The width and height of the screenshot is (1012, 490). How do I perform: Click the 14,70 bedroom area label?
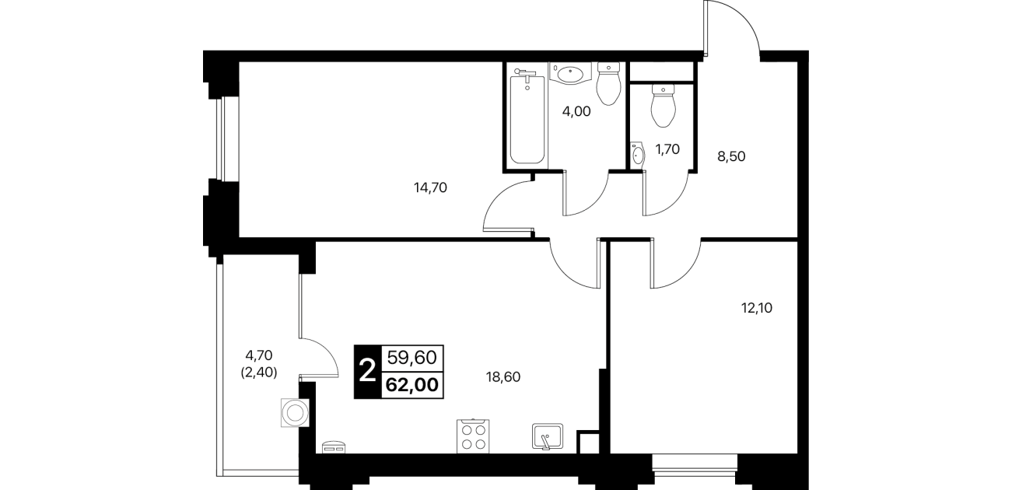[430, 187]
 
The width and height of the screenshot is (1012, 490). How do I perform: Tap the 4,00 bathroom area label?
[576, 111]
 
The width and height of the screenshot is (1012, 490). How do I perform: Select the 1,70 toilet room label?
[667, 149]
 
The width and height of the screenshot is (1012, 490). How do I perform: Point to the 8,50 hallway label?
[731, 156]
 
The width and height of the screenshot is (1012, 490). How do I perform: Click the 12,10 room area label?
[757, 308]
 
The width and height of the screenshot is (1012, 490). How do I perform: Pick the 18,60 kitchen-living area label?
[502, 376]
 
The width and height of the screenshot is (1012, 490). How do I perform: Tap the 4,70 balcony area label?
[259, 355]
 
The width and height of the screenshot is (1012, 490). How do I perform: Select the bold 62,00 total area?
[412, 385]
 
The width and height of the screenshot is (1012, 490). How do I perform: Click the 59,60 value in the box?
[412, 358]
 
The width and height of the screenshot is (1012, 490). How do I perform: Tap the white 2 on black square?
[367, 372]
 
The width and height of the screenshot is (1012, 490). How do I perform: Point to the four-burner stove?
[473, 436]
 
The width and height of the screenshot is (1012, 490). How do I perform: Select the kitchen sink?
[548, 436]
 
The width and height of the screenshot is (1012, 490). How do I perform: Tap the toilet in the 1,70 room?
[663, 105]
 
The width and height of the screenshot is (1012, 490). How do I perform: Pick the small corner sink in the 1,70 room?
[638, 155]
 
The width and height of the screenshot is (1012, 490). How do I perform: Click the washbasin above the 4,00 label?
[570, 73]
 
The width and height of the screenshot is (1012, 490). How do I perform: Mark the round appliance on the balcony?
[295, 413]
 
